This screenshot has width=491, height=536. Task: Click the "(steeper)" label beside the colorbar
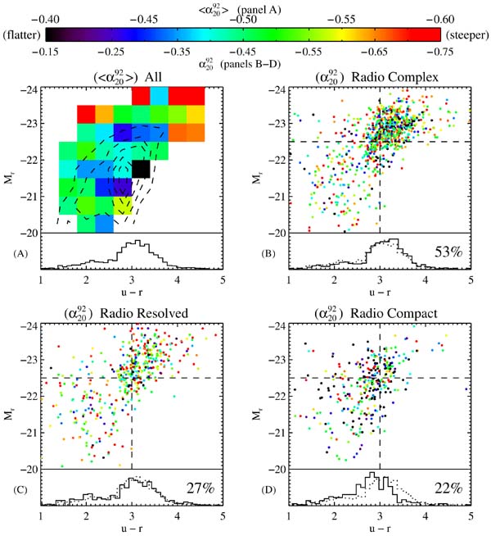click(x=469, y=34)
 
